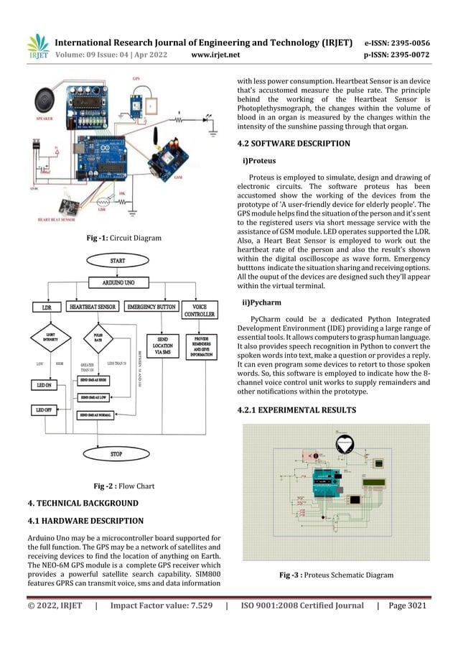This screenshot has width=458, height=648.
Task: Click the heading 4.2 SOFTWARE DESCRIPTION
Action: [293, 144]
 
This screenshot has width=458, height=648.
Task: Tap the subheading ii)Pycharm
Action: [261, 302]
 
